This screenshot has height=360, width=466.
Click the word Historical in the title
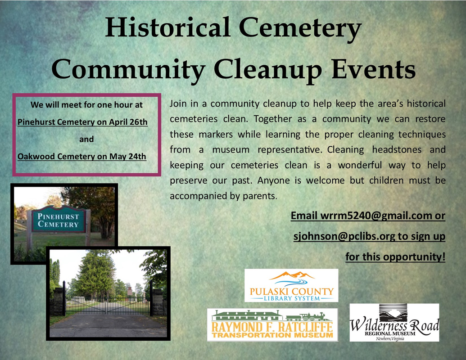click(x=167, y=27)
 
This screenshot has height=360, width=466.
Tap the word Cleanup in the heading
click(x=267, y=70)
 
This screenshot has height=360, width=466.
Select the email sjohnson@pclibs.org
click(x=344, y=236)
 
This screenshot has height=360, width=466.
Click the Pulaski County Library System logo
click(x=291, y=285)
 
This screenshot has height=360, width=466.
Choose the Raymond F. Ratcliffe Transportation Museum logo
click(x=272, y=324)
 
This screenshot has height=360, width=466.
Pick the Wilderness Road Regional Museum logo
click(x=394, y=323)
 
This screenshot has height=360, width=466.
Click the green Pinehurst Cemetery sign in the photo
click(x=58, y=220)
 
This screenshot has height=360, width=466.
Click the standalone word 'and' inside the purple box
click(x=86, y=139)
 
